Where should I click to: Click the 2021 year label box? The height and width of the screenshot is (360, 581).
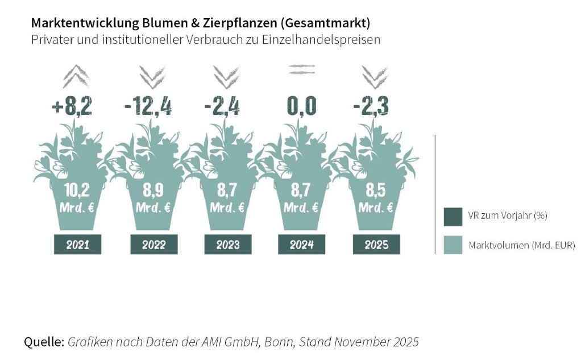click(77, 245)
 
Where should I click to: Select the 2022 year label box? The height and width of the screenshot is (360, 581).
click(154, 245)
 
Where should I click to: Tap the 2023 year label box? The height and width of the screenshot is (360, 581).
click(228, 245)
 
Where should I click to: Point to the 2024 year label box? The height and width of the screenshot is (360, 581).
click(302, 245)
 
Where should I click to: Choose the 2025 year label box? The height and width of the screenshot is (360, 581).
click(376, 245)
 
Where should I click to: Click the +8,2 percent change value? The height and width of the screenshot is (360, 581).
click(72, 106)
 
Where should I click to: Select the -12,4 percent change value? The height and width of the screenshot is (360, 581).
click(148, 106)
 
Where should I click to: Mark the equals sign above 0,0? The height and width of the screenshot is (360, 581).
click(301, 70)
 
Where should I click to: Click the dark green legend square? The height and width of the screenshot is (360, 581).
click(453, 216)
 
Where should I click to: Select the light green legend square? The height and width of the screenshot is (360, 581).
click(453, 245)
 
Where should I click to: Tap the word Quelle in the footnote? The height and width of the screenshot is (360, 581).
click(44, 342)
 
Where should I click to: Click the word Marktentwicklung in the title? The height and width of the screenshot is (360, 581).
click(77, 23)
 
